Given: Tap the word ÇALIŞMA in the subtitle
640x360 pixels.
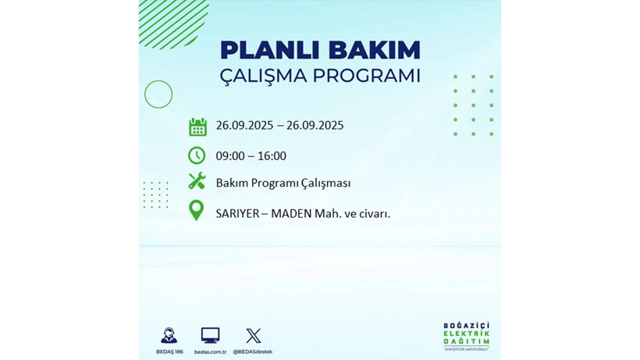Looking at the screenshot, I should coord(264,77).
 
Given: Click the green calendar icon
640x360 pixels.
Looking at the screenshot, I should coord(197,127).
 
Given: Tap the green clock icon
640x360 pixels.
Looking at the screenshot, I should coord(197,155).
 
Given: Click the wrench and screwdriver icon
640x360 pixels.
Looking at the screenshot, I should coord(197,182).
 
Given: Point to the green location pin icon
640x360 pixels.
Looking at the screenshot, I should coord(197,210).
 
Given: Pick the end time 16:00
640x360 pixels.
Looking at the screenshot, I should coord(272,156).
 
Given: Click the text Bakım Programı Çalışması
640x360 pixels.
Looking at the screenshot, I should coord(283,184).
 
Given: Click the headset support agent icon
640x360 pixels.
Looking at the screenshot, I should coord(169,336).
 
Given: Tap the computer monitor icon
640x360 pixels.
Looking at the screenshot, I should coord(210,336).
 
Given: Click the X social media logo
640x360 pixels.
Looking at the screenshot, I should coord(254,336).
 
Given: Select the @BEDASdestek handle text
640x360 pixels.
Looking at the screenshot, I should coord(253,352).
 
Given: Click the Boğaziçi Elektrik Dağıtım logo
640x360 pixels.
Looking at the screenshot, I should coord(466,337).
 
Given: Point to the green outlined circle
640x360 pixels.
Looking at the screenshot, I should coord(158,94).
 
